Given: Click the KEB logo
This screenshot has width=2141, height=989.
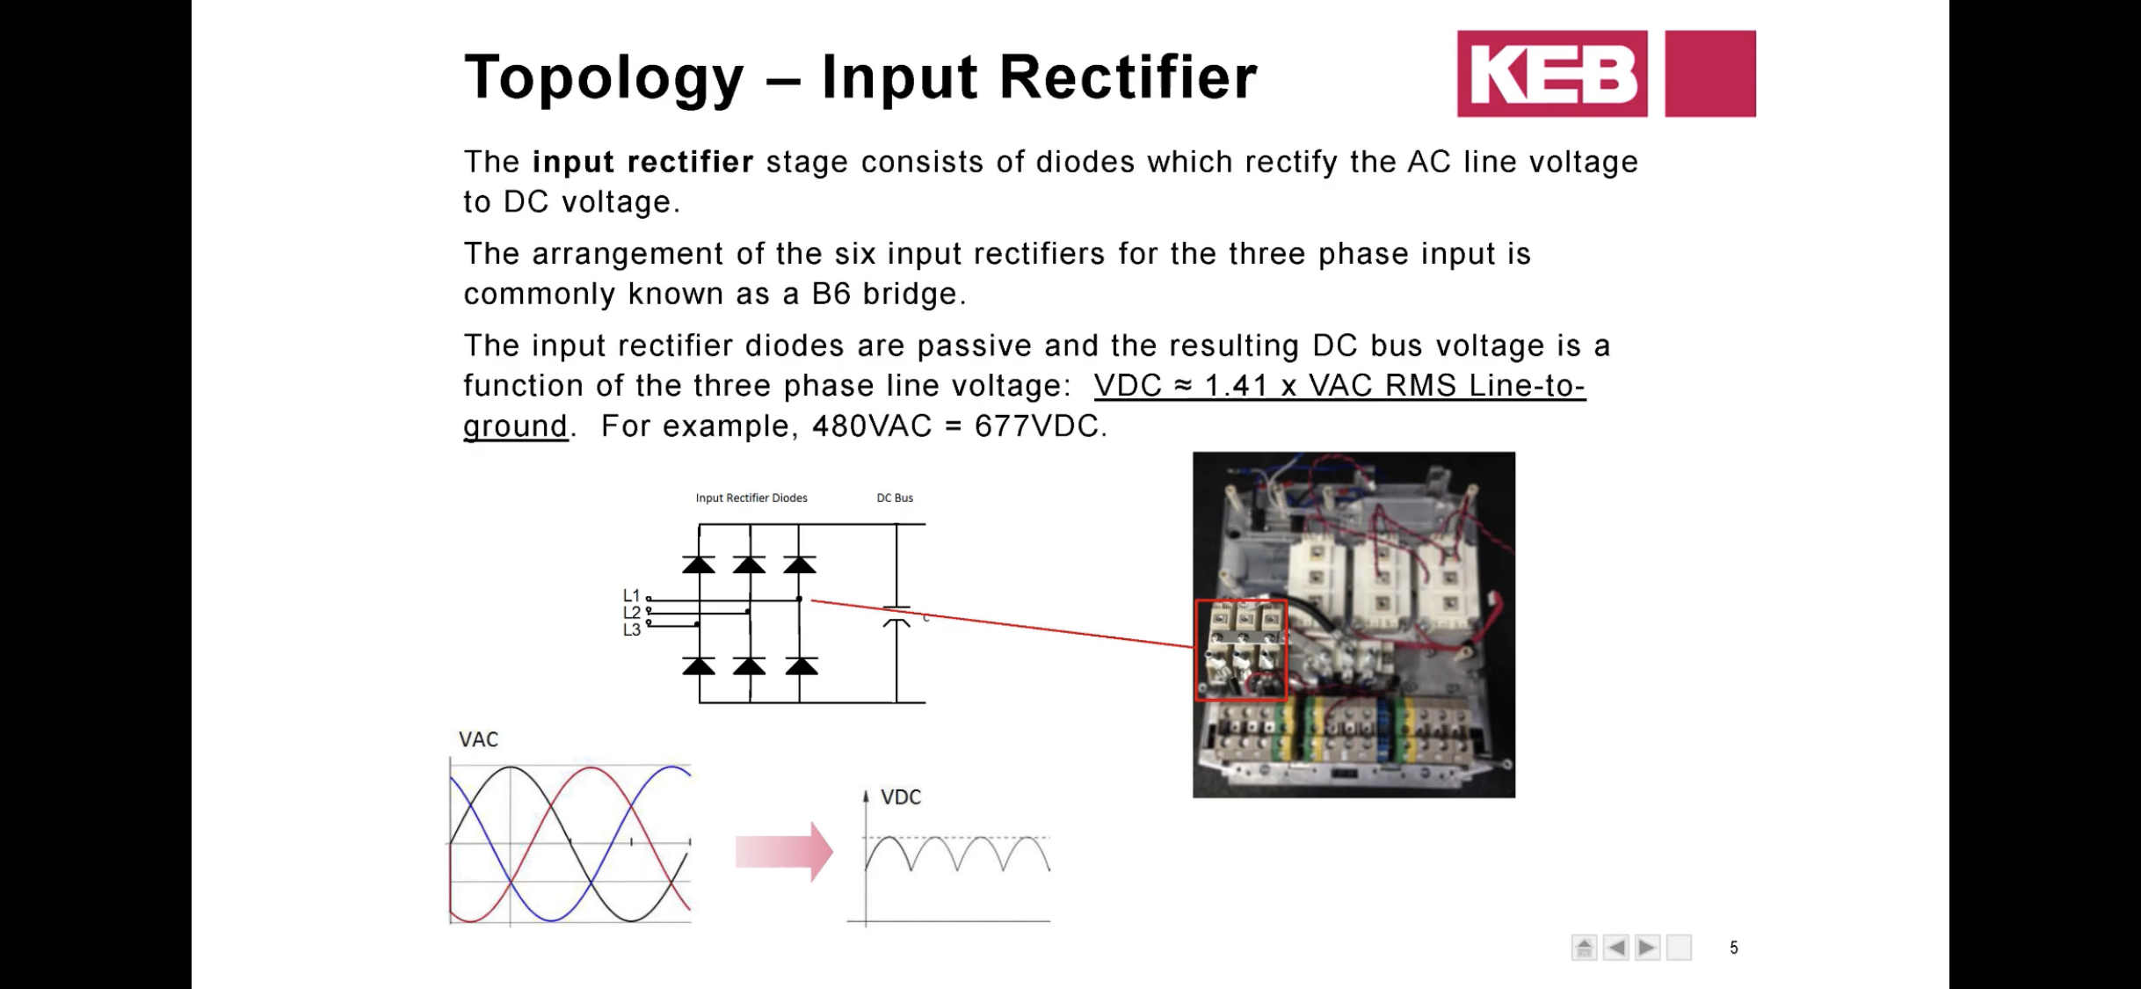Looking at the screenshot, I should [x=1552, y=74].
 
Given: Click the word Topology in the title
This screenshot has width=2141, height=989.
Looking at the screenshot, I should [x=604, y=79].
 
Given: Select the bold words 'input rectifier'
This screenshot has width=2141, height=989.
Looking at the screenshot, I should [x=642, y=162].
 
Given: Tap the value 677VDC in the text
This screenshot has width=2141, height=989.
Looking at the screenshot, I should [x=1036, y=426].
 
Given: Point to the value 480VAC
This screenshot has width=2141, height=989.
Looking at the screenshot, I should [x=871, y=426].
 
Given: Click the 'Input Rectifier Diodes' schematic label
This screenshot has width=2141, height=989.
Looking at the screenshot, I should [x=751, y=498].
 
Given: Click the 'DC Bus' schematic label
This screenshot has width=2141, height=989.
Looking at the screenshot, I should [x=895, y=498].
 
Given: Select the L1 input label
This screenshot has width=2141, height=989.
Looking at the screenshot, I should [x=631, y=595].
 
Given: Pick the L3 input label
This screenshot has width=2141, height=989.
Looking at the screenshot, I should [x=631, y=629].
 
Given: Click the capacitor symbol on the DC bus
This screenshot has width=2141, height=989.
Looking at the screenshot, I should [x=896, y=615].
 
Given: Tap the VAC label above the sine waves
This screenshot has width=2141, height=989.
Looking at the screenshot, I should [x=478, y=739].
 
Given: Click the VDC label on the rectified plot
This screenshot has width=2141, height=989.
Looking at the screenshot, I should [x=901, y=797].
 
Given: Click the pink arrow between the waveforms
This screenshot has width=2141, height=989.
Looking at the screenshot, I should [x=783, y=851].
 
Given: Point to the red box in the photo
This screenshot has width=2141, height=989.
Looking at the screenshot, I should [x=1241, y=651].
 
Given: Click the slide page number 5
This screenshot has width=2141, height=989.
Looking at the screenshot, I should [x=1733, y=948].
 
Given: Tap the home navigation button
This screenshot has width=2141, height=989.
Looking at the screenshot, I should [x=1584, y=948].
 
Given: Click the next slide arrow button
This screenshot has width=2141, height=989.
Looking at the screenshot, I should [x=1647, y=948].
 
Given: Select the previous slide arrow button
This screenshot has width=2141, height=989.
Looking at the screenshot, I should [x=1615, y=948].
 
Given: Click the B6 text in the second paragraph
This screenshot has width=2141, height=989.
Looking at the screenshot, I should [x=831, y=294].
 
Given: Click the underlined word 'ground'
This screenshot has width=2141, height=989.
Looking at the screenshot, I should [x=516, y=426].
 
